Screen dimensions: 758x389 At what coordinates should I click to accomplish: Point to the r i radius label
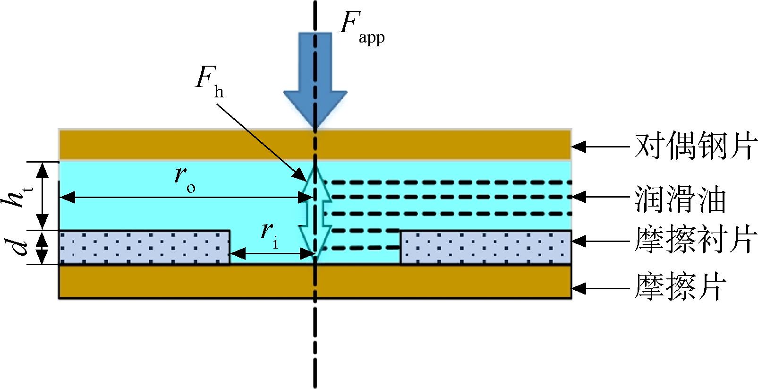coord(270,236)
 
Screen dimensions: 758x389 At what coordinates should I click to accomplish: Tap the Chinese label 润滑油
coord(680,199)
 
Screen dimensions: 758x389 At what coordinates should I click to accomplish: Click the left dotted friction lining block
coord(145,247)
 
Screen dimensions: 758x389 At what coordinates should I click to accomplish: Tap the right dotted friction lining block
coord(486,247)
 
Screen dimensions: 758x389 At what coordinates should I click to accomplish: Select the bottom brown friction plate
coord(315,281)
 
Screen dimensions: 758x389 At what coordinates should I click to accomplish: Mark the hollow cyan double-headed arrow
coord(315,213)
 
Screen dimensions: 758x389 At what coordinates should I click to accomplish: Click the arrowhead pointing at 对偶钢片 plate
coord(579,147)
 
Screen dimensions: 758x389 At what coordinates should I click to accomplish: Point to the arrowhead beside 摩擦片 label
coord(579,288)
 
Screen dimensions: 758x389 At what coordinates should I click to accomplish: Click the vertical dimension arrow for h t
coord(43,196)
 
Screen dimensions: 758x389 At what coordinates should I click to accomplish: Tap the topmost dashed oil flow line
coord(447,182)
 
